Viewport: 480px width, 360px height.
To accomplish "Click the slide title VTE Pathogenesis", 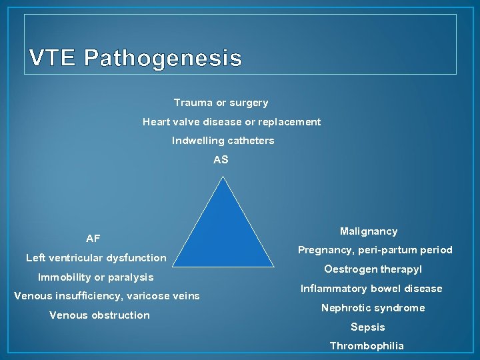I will click(135, 59).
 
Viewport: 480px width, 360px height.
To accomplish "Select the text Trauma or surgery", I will click(221, 103).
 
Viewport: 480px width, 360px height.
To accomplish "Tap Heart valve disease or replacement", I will click(231, 122).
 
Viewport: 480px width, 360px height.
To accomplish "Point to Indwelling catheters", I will click(223, 141).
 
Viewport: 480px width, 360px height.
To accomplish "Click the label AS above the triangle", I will click(221, 160).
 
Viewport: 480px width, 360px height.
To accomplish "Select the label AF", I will click(93, 239).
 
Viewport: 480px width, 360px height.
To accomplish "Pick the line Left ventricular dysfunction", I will click(96, 258).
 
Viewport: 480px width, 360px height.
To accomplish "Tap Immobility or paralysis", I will click(95, 277).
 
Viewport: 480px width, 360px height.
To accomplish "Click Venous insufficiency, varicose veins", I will click(107, 296).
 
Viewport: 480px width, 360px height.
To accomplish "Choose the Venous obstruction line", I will click(99, 315).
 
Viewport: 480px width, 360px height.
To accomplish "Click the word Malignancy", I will click(369, 231).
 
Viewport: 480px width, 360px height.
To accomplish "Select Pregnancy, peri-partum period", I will click(375, 250).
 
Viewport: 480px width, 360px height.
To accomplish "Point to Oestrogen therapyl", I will click(373, 269).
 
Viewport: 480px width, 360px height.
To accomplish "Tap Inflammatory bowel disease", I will click(371, 289).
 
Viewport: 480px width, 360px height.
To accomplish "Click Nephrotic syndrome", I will click(373, 308).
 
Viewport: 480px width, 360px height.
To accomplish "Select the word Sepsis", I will click(368, 327).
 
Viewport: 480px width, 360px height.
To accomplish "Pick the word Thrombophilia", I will click(367, 346).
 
